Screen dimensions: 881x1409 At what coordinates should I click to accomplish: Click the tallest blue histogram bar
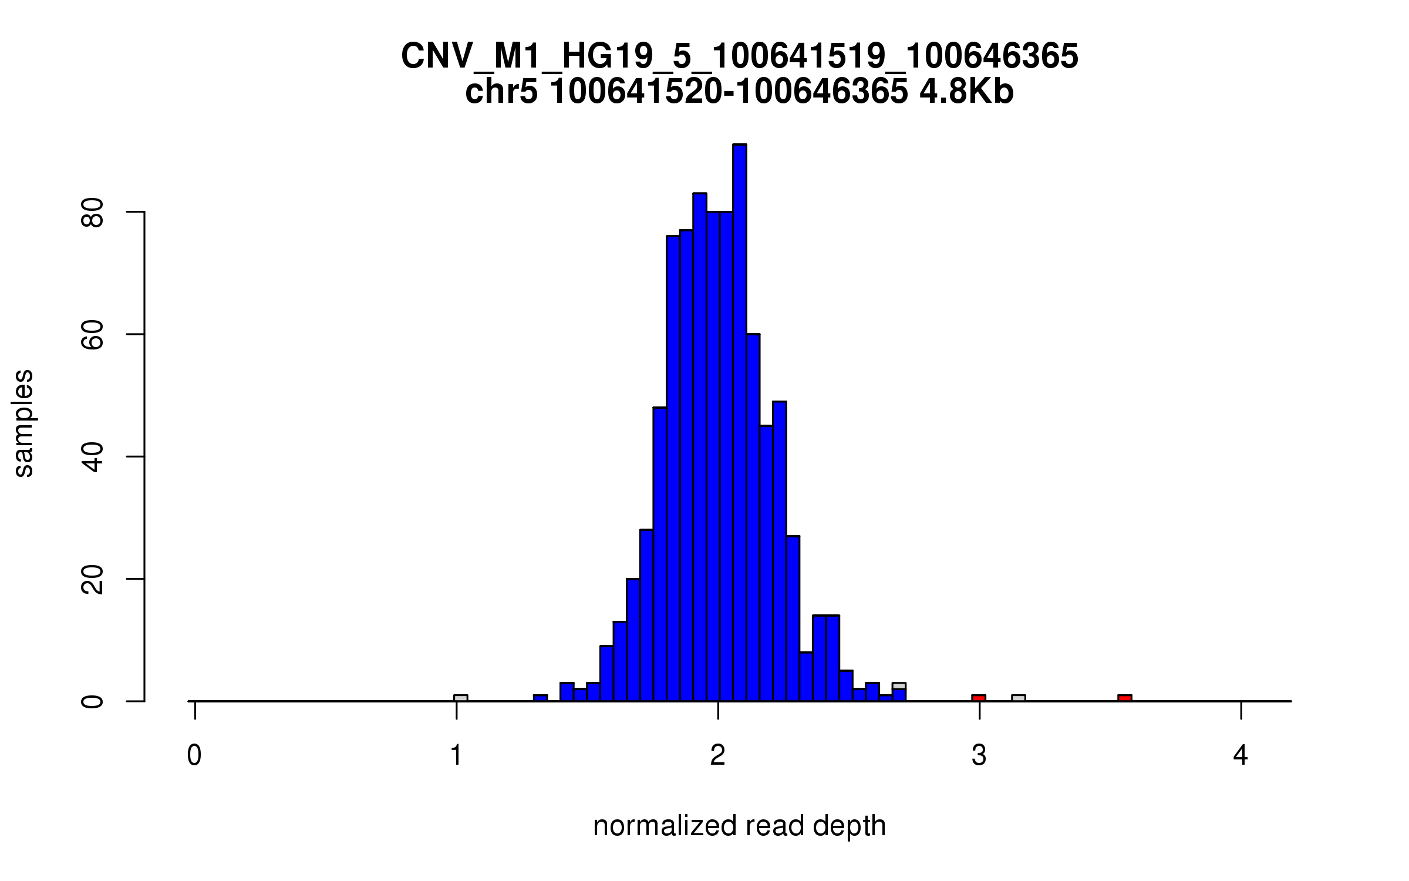(740, 423)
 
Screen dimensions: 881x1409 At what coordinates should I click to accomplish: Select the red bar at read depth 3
(979, 698)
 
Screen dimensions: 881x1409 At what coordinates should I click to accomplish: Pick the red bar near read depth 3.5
(1125, 698)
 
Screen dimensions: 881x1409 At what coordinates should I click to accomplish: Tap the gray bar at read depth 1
(461, 698)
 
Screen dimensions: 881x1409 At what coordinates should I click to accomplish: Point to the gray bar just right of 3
(1019, 698)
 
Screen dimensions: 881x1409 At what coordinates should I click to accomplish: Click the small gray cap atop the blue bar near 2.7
(899, 685)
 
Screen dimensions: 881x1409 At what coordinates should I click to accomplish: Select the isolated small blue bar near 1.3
(540, 698)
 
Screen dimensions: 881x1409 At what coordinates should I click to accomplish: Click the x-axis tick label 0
(194, 756)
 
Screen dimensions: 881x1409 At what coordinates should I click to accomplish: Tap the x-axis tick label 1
(456, 756)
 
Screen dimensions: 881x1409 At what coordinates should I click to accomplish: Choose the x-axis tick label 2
(717, 756)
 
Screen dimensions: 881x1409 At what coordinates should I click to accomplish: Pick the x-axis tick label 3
(979, 756)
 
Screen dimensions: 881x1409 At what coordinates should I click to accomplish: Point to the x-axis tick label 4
(1241, 756)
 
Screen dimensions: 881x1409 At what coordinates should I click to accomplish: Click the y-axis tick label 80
(93, 212)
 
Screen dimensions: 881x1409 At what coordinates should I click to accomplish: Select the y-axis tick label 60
(93, 334)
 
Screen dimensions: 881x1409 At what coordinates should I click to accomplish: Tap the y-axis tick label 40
(93, 456)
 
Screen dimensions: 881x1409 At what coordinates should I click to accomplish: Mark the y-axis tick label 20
(93, 579)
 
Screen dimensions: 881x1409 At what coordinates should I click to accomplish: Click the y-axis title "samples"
(23, 423)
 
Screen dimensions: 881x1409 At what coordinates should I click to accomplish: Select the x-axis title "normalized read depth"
(739, 826)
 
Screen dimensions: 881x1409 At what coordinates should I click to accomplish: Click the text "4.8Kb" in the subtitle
(966, 92)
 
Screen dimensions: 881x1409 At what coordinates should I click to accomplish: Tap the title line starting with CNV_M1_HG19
(739, 56)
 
